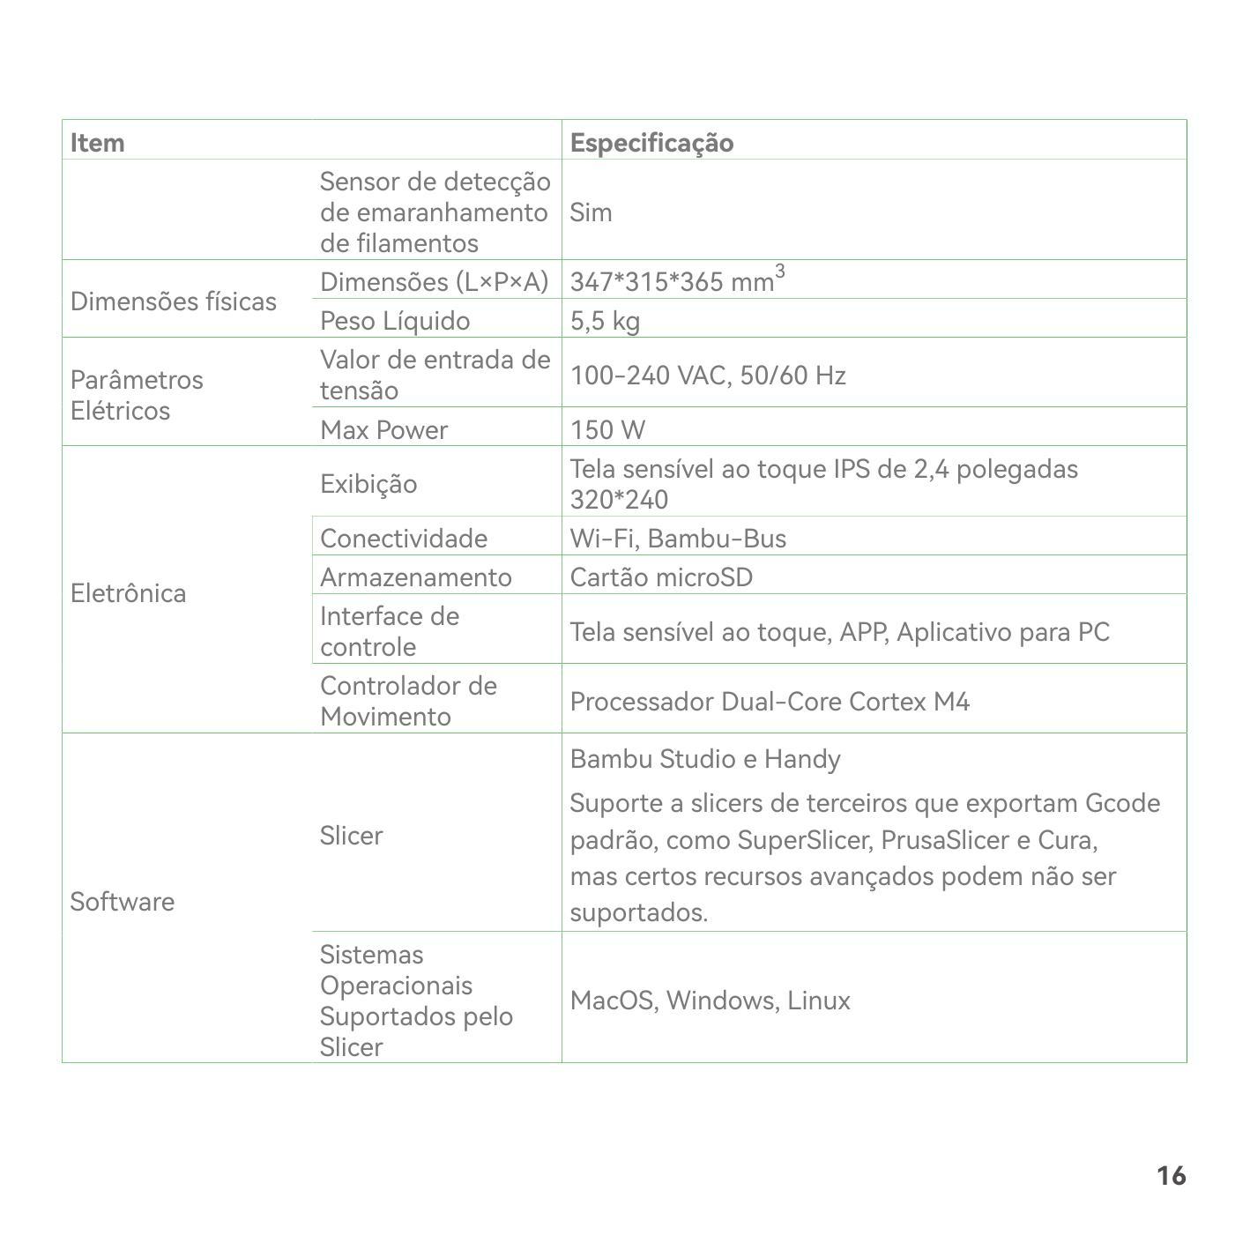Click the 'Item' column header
pos(98,142)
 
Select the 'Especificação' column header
pos(651,142)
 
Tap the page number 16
pos(1171,1175)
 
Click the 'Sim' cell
pos(591,212)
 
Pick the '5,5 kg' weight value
pos(605,320)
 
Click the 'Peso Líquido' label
pos(394,320)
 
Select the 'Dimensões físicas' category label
pos(173,301)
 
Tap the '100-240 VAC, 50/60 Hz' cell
pos(707,376)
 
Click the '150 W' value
pos(607,429)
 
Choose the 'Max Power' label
pos(383,429)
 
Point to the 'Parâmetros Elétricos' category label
pos(137,395)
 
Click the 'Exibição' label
pos(368,483)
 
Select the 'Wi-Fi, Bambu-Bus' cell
pos(677,538)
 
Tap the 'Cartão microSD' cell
pos(661,577)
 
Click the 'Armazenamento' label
pos(415,577)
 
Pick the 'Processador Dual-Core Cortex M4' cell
pos(769,701)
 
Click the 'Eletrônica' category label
pos(128,592)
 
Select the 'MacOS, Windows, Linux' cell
pos(710,1000)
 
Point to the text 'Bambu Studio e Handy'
pos(704,758)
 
